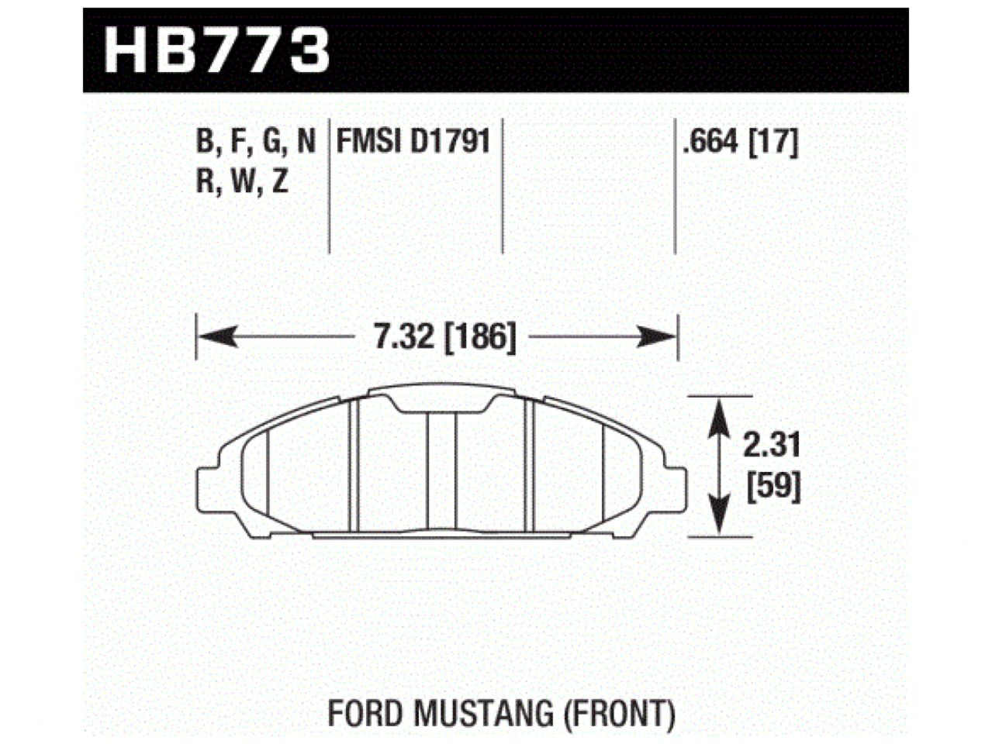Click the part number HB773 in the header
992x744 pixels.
(217, 51)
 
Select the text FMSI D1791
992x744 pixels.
(413, 141)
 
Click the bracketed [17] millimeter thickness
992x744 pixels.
(773, 142)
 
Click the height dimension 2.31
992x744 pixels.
(771, 446)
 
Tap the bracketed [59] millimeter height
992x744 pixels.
(772, 487)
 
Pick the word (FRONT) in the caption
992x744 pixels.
(618, 712)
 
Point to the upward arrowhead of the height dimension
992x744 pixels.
(721, 411)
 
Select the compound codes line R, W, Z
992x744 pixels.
(242, 181)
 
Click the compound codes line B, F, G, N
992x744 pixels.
(256, 142)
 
